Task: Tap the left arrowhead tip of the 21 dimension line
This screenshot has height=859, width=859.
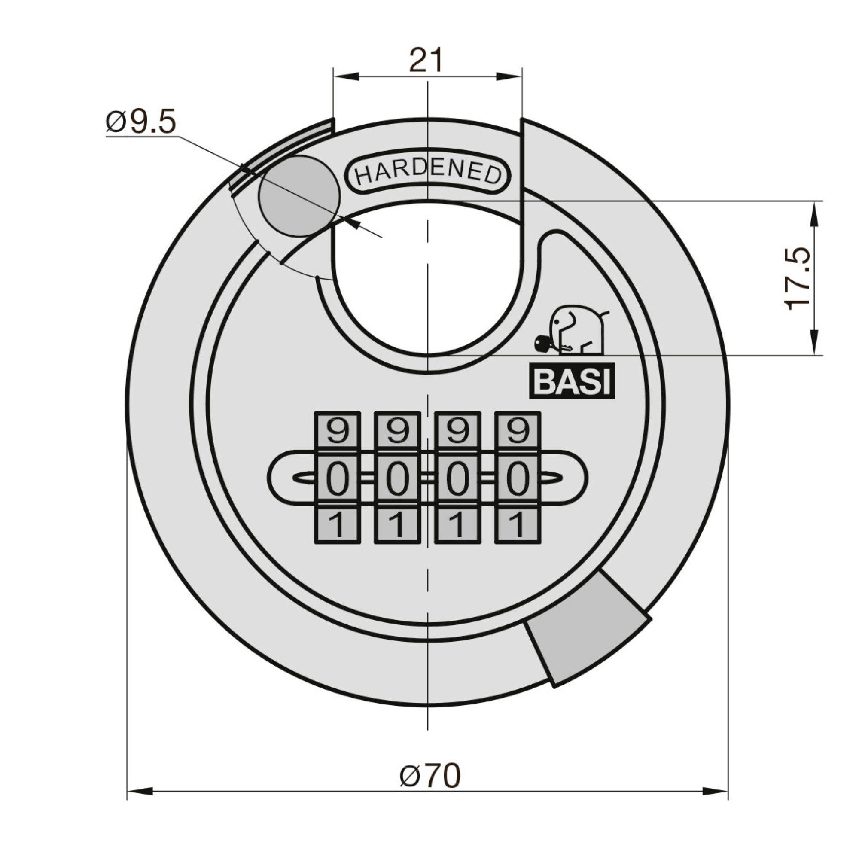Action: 333,76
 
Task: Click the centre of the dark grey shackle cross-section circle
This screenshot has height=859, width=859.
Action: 299,197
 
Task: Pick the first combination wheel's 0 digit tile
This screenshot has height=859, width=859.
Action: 337,479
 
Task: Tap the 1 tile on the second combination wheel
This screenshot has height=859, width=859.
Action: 397,525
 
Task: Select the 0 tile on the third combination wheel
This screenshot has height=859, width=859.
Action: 457,479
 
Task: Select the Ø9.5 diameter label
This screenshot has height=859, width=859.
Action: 141,122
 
